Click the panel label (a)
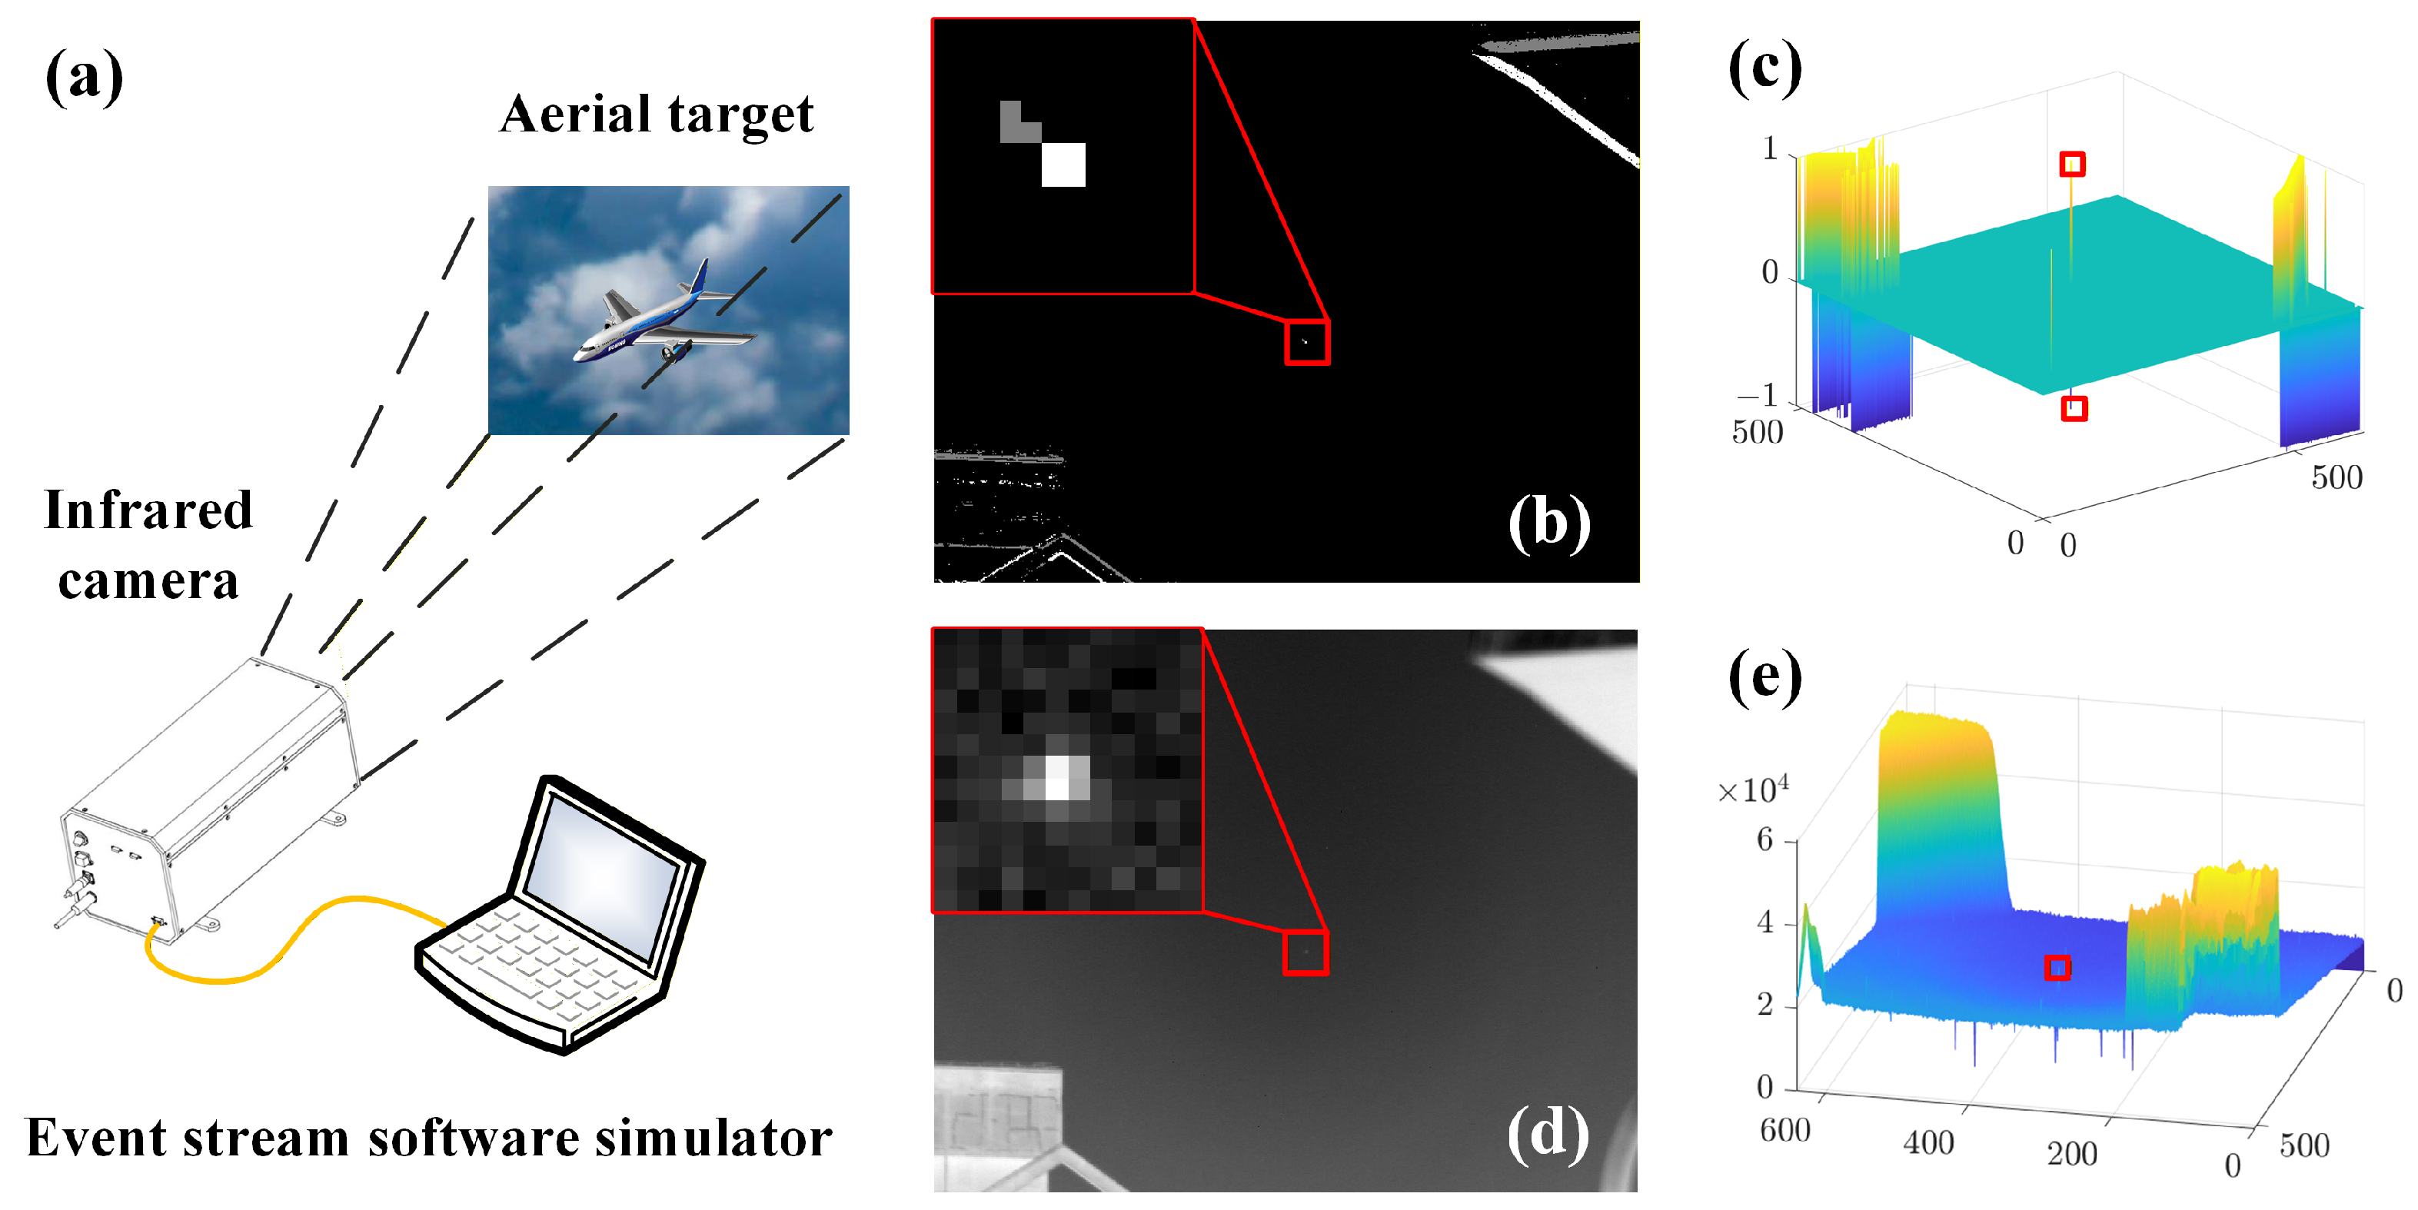(x=85, y=77)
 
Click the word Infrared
(x=148, y=510)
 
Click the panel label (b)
(x=1548, y=522)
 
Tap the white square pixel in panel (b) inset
(x=1063, y=165)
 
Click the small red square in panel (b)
(x=1306, y=341)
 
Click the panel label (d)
(x=1548, y=1133)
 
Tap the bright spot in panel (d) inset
(x=1058, y=777)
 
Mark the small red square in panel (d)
(x=1305, y=952)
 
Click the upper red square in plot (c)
(x=2073, y=165)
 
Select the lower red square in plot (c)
(x=2074, y=408)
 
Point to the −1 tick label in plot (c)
(x=1757, y=395)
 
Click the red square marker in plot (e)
(x=2057, y=968)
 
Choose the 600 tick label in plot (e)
(x=1784, y=1130)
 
